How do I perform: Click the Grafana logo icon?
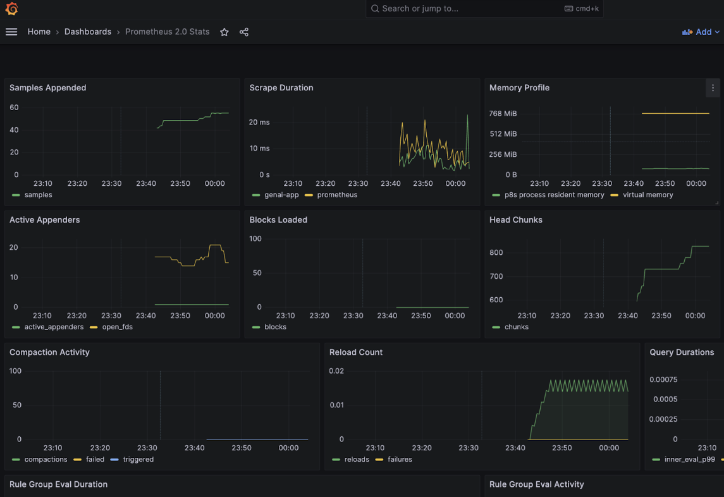[x=11, y=9]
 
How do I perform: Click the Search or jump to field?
[x=468, y=9]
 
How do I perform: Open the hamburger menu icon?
[x=11, y=32]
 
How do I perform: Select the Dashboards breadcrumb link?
[x=87, y=32]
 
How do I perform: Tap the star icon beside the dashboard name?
[x=224, y=32]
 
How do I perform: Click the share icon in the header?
[x=244, y=32]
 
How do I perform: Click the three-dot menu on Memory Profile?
[x=713, y=88]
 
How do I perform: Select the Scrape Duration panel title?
[x=281, y=88]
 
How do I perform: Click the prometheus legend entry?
[x=337, y=195]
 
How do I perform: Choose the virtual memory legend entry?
[x=647, y=195]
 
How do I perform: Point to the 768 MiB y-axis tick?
[x=503, y=114]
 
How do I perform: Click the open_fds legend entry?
[x=117, y=327]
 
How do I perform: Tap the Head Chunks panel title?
[x=516, y=220]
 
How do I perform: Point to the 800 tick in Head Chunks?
[x=496, y=252]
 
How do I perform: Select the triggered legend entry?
[x=138, y=459]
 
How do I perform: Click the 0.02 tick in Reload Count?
[x=336, y=371]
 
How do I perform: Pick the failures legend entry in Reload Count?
[x=400, y=459]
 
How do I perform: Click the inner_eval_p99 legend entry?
[x=689, y=459]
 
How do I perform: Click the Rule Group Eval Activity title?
[x=536, y=484]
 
